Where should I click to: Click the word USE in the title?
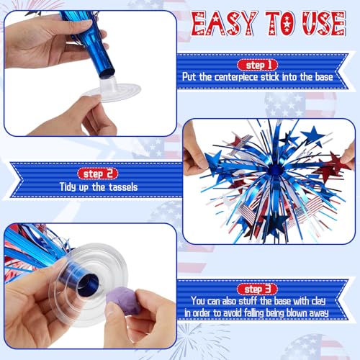point(324,24)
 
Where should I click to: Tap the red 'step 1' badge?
point(258,65)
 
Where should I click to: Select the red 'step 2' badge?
point(98,174)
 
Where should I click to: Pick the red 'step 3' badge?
point(257,289)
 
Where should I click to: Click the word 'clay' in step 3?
point(318,301)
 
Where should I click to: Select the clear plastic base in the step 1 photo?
point(111,89)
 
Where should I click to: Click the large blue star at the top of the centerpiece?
point(312,135)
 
